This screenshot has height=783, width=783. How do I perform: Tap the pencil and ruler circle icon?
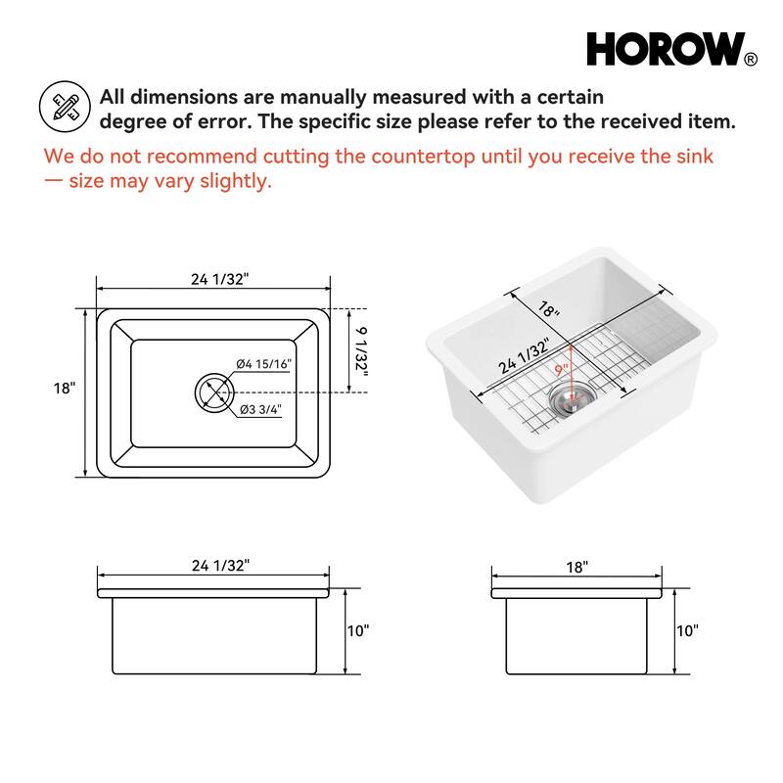[x=65, y=107]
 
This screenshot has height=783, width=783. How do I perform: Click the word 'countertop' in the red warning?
[x=423, y=157]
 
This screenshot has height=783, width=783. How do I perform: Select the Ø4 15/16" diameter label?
[x=263, y=363]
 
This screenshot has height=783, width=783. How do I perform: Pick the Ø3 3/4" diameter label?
[x=260, y=409]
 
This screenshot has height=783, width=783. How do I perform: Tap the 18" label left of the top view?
[x=65, y=388]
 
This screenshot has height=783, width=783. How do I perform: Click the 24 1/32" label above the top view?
[x=219, y=279]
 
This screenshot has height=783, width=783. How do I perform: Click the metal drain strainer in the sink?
[x=573, y=397]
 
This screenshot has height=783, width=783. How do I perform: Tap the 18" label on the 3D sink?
[x=549, y=309]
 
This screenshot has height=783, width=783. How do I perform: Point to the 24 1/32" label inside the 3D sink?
[x=524, y=355]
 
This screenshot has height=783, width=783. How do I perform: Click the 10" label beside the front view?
[x=358, y=630]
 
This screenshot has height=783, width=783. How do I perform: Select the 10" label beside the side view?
[x=687, y=630]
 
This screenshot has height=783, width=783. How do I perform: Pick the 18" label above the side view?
[x=576, y=568]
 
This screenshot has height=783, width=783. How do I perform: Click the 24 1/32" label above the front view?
[x=221, y=566]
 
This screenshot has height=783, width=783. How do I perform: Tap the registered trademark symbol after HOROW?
[x=751, y=60]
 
